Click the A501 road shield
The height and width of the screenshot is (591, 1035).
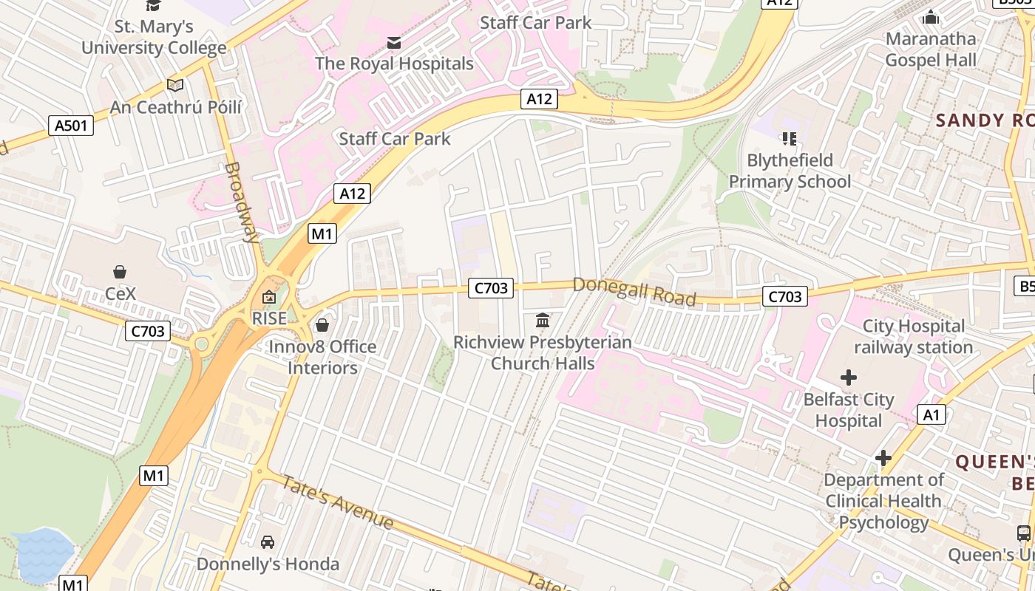coord(71,126)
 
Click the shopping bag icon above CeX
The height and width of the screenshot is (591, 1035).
coord(120,273)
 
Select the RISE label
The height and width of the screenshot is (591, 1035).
coord(269,318)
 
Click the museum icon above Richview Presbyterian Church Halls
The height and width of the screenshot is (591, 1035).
coord(543,321)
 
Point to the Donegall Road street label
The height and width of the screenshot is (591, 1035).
coord(634,291)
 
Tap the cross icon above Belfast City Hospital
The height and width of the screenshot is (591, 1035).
coord(848,378)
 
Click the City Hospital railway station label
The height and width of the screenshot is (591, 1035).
coord(914,336)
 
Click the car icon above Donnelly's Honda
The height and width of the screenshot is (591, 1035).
coord(268,542)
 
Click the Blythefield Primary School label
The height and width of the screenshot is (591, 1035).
coord(790,171)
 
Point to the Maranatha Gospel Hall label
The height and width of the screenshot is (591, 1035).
coord(931,49)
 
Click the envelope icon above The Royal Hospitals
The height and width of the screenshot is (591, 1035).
coord(394,43)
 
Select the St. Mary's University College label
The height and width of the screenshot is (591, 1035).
coord(154,38)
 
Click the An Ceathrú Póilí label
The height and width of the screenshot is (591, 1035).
coord(176,107)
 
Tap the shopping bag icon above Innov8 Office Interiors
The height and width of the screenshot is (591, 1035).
coord(322,325)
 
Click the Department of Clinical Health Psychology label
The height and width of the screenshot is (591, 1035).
coord(883,501)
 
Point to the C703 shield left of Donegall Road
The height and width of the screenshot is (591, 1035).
coord(490,289)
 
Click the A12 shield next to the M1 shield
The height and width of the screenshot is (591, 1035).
coord(352,194)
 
